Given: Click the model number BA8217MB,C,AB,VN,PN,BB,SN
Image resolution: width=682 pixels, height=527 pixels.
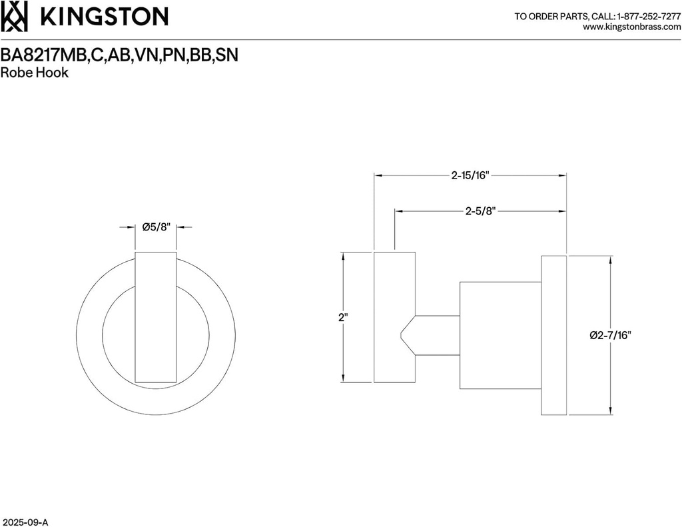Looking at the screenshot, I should click(x=120, y=56).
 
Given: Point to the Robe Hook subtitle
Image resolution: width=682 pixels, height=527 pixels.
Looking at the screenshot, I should click(x=35, y=73).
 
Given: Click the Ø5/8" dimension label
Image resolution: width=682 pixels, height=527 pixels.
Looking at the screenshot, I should click(x=157, y=227).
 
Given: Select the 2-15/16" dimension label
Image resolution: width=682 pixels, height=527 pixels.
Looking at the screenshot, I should click(x=470, y=176).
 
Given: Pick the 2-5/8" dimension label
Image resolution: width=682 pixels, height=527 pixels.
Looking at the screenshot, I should click(x=480, y=212).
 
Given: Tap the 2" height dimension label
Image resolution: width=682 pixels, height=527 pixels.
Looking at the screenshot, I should click(x=343, y=318).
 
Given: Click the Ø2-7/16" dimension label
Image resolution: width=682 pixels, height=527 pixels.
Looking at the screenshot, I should click(x=610, y=335).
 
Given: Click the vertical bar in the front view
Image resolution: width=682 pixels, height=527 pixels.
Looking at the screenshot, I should click(x=156, y=317).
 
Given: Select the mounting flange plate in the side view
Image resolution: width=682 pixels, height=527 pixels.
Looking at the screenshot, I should click(x=553, y=335).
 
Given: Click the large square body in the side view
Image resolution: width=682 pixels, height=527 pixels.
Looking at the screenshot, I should click(x=500, y=335).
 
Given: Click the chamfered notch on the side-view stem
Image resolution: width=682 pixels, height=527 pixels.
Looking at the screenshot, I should click(x=408, y=335).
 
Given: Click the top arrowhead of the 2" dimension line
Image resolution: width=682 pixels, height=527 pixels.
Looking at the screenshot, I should click(x=343, y=256).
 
